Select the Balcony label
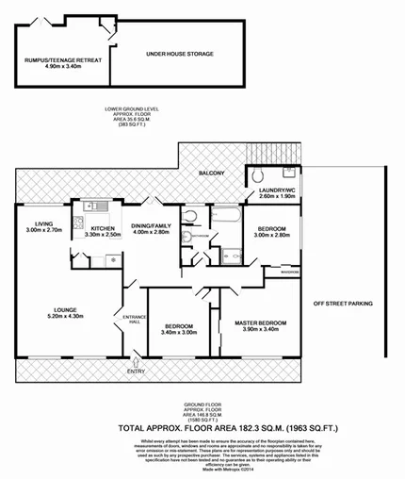click(211, 173)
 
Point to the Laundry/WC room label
click(272, 191)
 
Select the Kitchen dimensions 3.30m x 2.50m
click(104, 234)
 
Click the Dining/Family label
click(152, 226)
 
